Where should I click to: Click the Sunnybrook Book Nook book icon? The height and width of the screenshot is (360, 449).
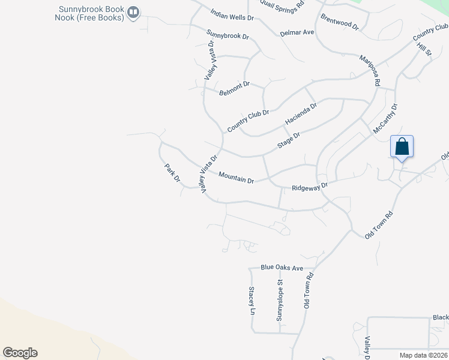[x=134, y=11]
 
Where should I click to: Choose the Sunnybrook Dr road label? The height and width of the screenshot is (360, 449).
[x=227, y=35]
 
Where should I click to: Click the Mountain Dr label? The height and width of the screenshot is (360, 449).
[x=237, y=176]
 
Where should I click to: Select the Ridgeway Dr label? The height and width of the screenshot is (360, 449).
[x=310, y=187]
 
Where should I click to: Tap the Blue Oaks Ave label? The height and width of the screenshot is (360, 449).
[x=282, y=268]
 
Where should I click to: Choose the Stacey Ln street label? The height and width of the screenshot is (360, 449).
[x=252, y=301]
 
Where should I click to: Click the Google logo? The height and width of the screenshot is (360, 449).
[x=20, y=353]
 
